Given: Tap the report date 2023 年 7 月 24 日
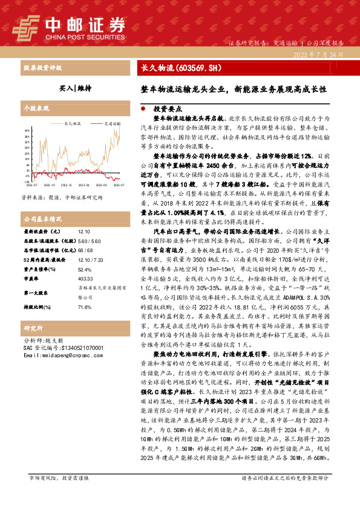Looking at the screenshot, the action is [318, 54].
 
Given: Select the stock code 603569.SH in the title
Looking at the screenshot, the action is [191, 68].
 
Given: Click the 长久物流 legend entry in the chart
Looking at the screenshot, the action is [73, 122].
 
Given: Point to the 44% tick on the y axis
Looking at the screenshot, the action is [26, 130].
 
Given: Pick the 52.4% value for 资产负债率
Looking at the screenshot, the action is [84, 270].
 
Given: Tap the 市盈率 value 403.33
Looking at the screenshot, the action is [85, 279].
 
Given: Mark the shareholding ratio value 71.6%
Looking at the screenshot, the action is [84, 307].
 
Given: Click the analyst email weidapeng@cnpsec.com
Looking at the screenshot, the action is [61, 356].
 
